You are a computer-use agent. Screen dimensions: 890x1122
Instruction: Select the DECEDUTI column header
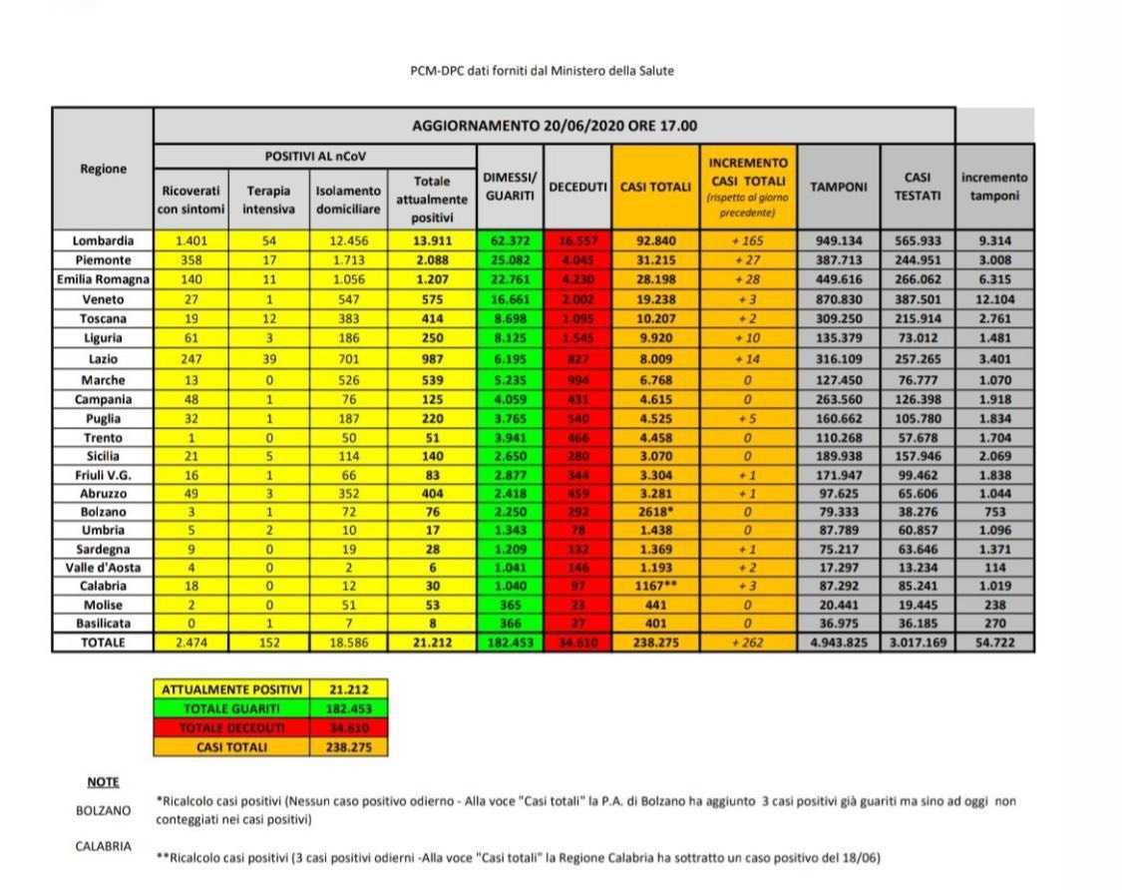(578, 187)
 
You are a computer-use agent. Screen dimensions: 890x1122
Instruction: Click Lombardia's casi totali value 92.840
(655, 240)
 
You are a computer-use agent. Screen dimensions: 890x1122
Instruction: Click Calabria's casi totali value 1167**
(655, 586)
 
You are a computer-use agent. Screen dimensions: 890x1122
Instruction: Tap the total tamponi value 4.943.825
(839, 642)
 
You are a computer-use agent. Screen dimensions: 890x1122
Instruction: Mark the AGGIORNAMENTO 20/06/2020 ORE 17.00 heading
(555, 126)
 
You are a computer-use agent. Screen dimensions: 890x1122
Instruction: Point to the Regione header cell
(103, 169)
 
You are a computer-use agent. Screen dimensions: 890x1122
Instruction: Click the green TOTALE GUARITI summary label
(231, 706)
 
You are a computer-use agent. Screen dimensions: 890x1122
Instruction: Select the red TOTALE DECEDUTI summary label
(231, 726)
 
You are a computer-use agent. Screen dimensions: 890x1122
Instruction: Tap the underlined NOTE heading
(103, 782)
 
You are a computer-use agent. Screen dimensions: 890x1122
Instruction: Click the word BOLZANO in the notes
(103, 811)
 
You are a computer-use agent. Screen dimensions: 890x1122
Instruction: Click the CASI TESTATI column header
(917, 187)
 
